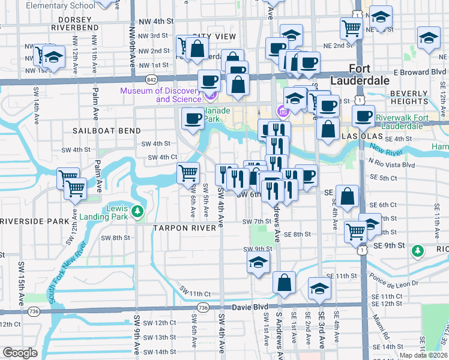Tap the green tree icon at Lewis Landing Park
pos(137,211)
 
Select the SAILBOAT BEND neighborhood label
pos(107,130)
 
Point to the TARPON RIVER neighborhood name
pos(185,228)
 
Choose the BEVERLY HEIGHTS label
pos(417,98)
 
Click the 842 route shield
pos(151,79)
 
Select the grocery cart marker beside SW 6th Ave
pos(189,173)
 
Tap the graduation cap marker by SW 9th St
pos(258,262)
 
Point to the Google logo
pos(20,353)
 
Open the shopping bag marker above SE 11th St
pos(284,282)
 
